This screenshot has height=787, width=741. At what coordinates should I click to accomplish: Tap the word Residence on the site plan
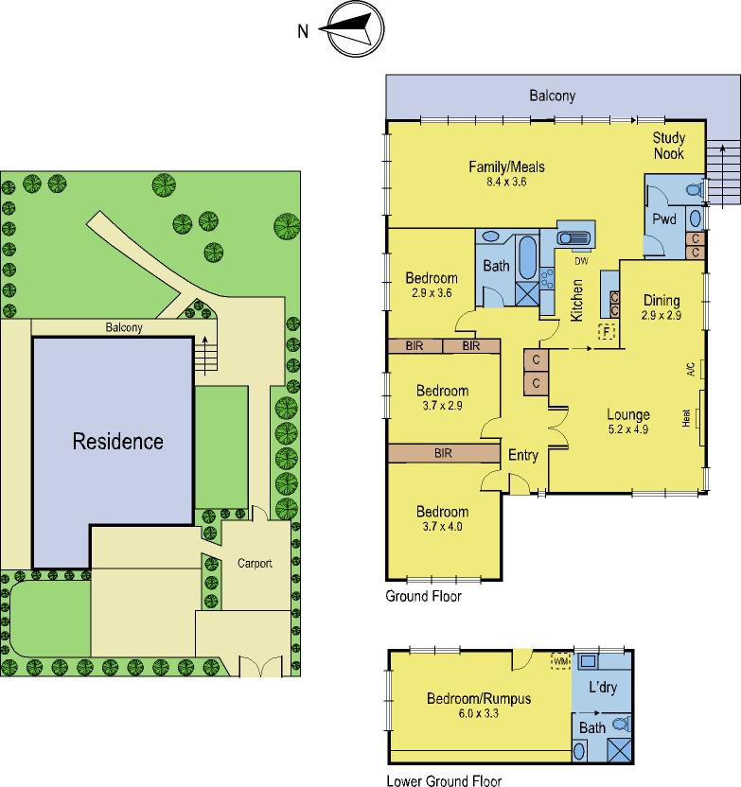(118, 442)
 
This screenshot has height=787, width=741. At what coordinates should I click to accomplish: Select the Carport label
(255, 563)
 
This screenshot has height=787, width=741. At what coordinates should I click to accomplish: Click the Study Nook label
(669, 146)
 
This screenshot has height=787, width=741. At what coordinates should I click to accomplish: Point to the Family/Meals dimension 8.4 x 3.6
(506, 182)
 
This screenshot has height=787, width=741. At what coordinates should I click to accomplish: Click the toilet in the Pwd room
(696, 190)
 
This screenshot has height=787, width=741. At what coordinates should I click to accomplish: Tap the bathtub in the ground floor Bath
(527, 257)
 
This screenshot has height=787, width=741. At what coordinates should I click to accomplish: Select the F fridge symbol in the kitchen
(607, 332)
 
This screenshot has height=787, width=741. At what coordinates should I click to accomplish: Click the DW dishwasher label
(581, 261)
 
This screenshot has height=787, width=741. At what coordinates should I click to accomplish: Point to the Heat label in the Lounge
(686, 418)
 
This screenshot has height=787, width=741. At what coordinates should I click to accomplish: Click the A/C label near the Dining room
(691, 370)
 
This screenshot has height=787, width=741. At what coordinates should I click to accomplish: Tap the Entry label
(523, 455)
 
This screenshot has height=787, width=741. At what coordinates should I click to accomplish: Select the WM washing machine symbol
(561, 661)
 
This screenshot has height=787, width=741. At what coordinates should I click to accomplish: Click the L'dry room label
(603, 687)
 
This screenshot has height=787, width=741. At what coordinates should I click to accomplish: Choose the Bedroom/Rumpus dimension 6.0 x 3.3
(479, 713)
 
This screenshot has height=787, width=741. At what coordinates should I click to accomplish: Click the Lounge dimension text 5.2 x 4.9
(628, 429)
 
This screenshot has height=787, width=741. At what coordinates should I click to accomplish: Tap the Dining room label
(662, 300)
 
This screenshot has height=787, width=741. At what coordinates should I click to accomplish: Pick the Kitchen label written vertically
(577, 301)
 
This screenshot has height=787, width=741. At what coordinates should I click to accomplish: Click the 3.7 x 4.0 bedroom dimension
(442, 527)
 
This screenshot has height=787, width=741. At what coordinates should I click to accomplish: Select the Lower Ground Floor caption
(444, 780)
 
